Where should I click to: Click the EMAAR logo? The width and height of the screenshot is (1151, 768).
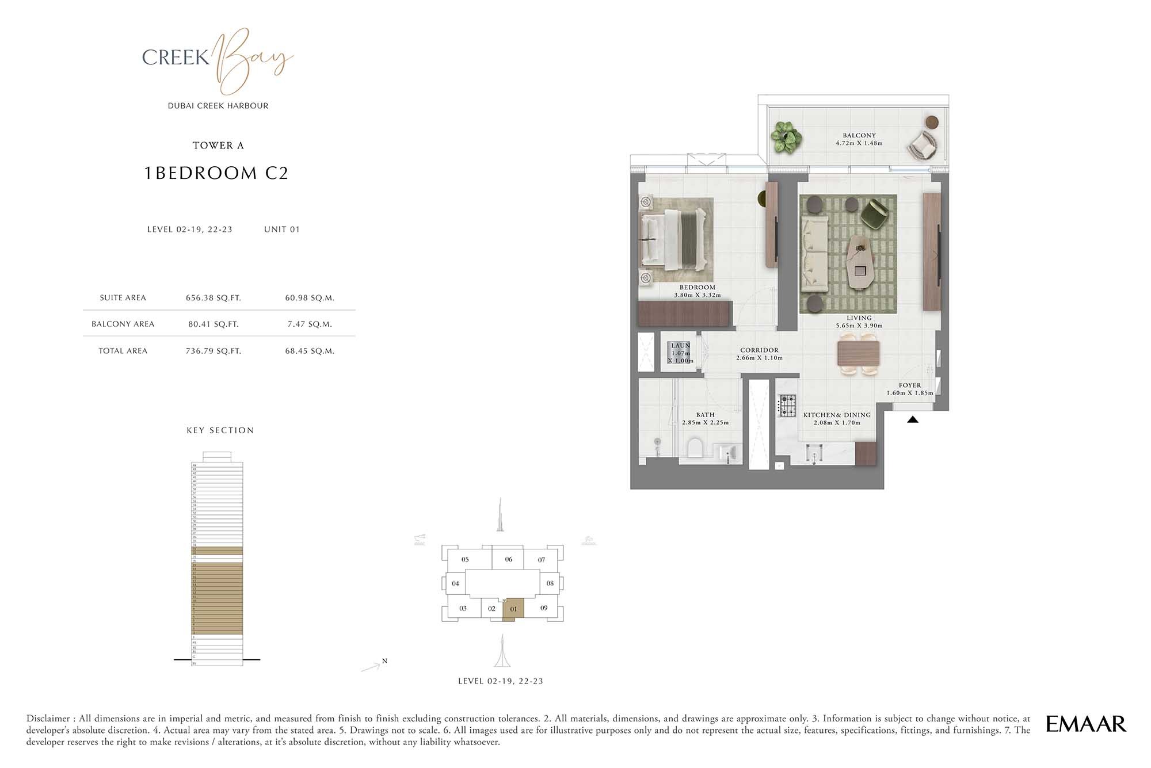[1085, 724]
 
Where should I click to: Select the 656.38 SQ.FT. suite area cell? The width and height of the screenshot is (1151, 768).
[213, 298]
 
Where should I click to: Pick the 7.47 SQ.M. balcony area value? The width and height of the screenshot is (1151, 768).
[310, 324]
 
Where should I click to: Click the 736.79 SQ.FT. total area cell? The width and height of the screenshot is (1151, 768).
[213, 351]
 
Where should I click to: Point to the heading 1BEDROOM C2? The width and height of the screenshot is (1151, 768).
[216, 173]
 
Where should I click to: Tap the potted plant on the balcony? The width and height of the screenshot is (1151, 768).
[786, 137]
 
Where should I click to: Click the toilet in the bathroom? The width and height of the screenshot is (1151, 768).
[695, 448]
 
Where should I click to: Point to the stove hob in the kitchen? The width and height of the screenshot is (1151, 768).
[787, 405]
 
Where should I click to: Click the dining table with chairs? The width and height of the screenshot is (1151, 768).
[858, 354]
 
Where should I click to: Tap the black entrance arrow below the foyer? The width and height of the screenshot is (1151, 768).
[913, 420]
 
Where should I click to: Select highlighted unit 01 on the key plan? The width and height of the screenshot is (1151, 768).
[513, 609]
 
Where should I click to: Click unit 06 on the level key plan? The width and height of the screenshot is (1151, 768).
[509, 559]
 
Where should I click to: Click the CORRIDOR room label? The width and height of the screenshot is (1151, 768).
[759, 350]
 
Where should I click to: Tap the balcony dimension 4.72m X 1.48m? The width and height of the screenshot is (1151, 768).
[859, 143]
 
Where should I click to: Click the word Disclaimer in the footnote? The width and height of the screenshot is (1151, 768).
[50, 719]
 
